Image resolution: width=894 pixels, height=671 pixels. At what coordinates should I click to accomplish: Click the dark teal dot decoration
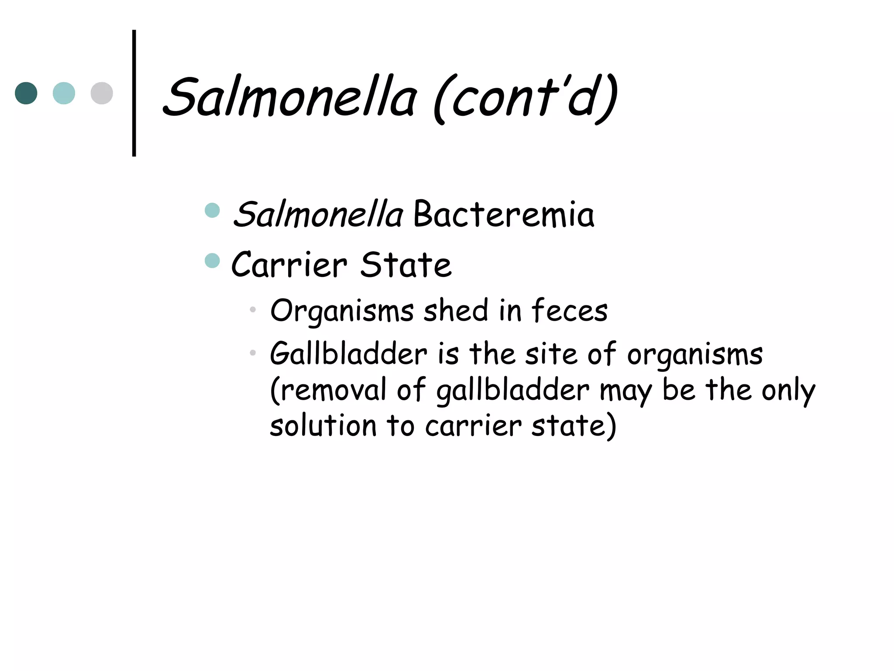(26, 93)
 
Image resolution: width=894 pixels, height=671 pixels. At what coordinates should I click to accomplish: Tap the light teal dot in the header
(64, 93)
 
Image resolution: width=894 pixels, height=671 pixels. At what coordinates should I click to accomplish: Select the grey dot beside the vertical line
(102, 93)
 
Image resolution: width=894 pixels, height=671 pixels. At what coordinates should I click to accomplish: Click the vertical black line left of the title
(134, 93)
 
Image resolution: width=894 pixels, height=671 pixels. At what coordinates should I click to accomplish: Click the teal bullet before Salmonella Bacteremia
(212, 210)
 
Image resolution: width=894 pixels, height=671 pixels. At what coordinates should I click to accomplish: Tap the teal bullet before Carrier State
(212, 261)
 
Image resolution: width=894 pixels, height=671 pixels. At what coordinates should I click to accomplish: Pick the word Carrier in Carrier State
(289, 265)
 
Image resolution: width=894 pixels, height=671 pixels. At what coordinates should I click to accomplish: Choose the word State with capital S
(406, 265)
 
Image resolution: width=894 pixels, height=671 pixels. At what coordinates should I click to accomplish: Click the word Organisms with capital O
(342, 311)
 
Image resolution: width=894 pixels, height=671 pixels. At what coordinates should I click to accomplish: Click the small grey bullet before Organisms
(252, 310)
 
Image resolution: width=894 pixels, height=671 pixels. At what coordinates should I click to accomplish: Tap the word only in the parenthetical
(788, 390)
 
